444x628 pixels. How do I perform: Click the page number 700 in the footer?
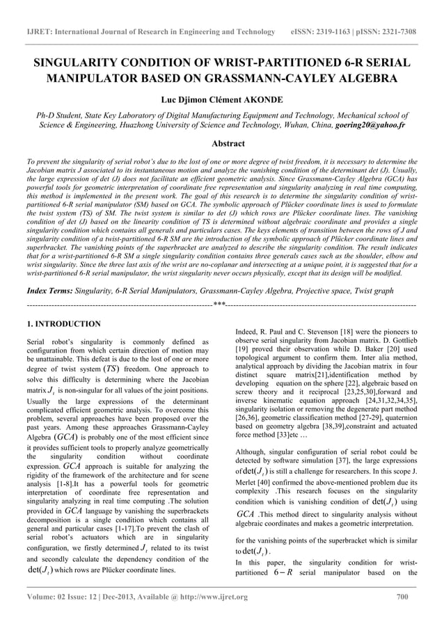(402, 597)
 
